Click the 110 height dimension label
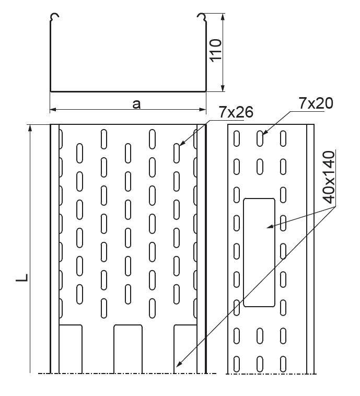pyautogui.click(x=215, y=50)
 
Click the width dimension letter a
pyautogui.click(x=136, y=104)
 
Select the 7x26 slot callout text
pyautogui.click(x=236, y=112)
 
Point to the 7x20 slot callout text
pyautogui.click(x=316, y=103)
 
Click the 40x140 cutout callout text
pyautogui.click(x=329, y=177)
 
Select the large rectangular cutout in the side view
pyautogui.click(x=259, y=252)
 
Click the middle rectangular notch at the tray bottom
pyautogui.click(x=128, y=349)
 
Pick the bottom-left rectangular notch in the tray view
pyautogui.click(x=71, y=349)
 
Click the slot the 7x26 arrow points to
pyautogui.click(x=177, y=153)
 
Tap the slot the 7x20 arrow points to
pyautogui.click(x=260, y=138)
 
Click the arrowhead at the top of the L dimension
pyautogui.click(x=30, y=128)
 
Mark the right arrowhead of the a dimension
pyautogui.click(x=203, y=109)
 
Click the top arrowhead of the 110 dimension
pyautogui.click(x=223, y=17)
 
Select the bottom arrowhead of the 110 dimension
pyautogui.click(x=223, y=88)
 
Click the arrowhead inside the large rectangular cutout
pyautogui.click(x=270, y=226)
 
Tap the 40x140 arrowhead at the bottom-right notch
pyautogui.click(x=178, y=364)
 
